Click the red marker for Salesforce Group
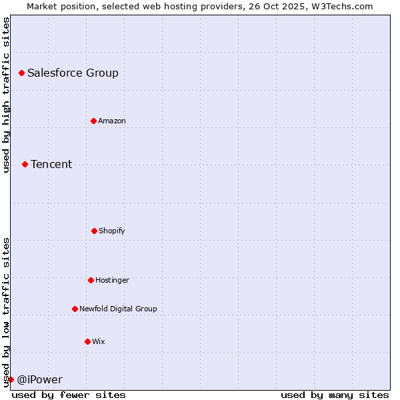pyautogui.click(x=21, y=73)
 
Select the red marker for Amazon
pyautogui.click(x=93, y=121)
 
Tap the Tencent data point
pyautogui.click(x=25, y=164)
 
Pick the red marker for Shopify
pyautogui.click(x=94, y=231)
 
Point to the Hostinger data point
pyautogui.click(x=91, y=280)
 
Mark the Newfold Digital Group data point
pyautogui.click(x=75, y=309)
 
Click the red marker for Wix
pyautogui.click(x=87, y=341)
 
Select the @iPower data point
pyautogui.click(x=11, y=379)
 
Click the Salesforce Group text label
pyautogui.click(x=73, y=73)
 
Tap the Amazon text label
pyautogui.click(x=112, y=121)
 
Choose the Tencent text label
pyautogui.click(x=51, y=165)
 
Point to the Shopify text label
pyautogui.click(x=112, y=231)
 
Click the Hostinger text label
pyautogui.click(x=112, y=281)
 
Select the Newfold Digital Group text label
pyautogui.click(x=118, y=309)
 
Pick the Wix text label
pyautogui.click(x=99, y=342)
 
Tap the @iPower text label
pyautogui.click(x=39, y=380)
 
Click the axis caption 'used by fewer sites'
pyautogui.click(x=69, y=395)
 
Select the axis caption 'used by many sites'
pyautogui.click(x=335, y=395)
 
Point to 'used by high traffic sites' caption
pyautogui.click(x=6, y=95)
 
